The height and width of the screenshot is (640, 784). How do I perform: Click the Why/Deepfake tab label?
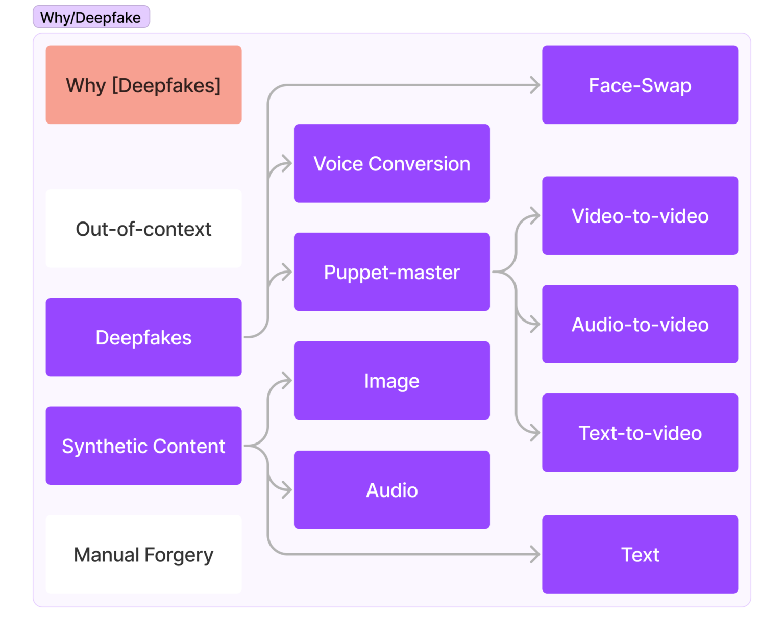pyautogui.click(x=91, y=17)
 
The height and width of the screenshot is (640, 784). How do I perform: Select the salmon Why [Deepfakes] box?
pyautogui.click(x=143, y=85)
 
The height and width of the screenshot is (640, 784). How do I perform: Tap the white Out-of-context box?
pyautogui.click(x=143, y=229)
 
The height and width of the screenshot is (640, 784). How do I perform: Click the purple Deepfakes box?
pyautogui.click(x=143, y=337)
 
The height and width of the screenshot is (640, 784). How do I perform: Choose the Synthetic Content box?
pyautogui.click(x=143, y=446)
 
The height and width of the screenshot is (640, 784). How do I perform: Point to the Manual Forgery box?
pyautogui.click(x=143, y=554)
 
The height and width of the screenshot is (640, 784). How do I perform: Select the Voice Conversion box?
pyautogui.click(x=391, y=163)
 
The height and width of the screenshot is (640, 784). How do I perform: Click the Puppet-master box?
pyautogui.click(x=391, y=272)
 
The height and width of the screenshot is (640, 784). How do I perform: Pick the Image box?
pyautogui.click(x=391, y=381)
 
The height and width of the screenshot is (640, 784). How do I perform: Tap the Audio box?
pyautogui.click(x=391, y=490)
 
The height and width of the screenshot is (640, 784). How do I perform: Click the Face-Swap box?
pyautogui.click(x=640, y=85)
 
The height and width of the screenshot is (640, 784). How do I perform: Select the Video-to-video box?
pyautogui.click(x=640, y=216)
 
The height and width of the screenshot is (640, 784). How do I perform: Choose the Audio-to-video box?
pyautogui.click(x=640, y=324)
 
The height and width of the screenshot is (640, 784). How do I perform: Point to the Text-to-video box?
pyautogui.click(x=640, y=433)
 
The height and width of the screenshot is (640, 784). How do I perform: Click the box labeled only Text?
pyautogui.click(x=640, y=554)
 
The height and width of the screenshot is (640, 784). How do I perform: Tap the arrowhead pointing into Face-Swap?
pyautogui.click(x=535, y=85)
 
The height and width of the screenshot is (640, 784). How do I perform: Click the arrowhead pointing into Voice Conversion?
pyautogui.click(x=287, y=164)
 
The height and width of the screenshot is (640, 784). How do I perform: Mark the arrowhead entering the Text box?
pyautogui.click(x=535, y=554)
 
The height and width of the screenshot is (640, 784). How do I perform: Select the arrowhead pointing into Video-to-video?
pyautogui.click(x=535, y=216)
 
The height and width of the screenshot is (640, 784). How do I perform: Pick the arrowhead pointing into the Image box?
pyautogui.click(x=287, y=381)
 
